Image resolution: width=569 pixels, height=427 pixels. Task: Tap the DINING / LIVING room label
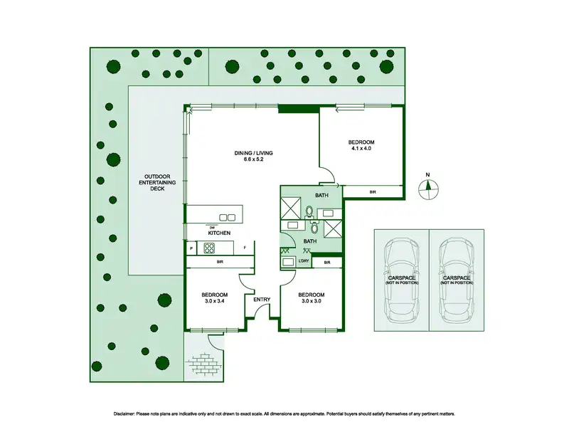pyautogui.click(x=253, y=153)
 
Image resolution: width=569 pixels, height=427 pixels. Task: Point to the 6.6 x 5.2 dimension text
pyautogui.click(x=253, y=159)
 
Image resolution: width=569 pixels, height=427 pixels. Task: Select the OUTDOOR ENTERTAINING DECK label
pyautogui.click(x=157, y=183)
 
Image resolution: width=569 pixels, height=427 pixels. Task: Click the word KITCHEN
pyautogui.click(x=219, y=233)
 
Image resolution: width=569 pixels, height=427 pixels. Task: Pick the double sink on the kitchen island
pyautogui.click(x=227, y=218)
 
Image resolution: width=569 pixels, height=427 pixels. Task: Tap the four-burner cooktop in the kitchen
pyautogui.click(x=209, y=248)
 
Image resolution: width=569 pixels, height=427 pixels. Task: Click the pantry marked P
pyautogui.click(x=191, y=248)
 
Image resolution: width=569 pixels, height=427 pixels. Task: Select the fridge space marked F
pyautogui.click(x=245, y=248)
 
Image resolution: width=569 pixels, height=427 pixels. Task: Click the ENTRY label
pyautogui.click(x=262, y=300)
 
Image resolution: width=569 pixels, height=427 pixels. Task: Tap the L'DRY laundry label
pyautogui.click(x=304, y=261)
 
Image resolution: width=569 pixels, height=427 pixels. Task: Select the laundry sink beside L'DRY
pyautogui.click(x=288, y=262)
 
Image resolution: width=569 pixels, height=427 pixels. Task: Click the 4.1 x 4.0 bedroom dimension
pyautogui.click(x=361, y=148)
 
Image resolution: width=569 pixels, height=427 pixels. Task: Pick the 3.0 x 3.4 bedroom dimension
pyautogui.click(x=215, y=300)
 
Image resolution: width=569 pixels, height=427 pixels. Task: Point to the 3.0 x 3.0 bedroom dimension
pyautogui.click(x=311, y=300)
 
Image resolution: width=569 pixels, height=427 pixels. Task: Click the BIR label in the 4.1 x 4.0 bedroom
pyautogui.click(x=373, y=191)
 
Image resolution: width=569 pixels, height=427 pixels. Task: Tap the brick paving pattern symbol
pyautogui.click(x=203, y=362)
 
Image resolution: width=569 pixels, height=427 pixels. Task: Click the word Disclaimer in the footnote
pyautogui.click(x=124, y=414)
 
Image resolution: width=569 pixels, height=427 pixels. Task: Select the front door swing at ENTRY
pyautogui.click(x=260, y=310)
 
